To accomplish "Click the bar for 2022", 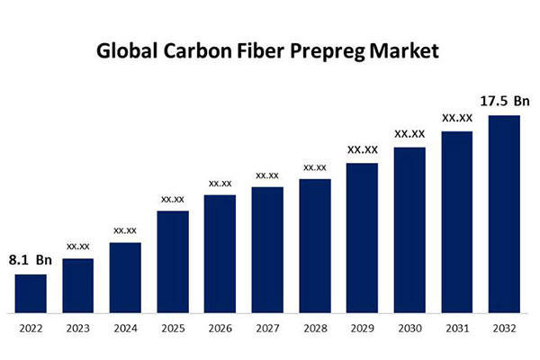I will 31,293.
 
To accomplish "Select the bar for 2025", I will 173,262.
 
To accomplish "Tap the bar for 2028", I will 315,246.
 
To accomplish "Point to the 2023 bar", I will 78,285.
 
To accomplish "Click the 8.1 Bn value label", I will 31,260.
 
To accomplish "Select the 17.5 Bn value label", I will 502,102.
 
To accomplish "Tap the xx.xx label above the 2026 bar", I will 220,184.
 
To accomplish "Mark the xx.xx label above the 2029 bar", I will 362,149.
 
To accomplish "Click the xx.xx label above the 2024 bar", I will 125,230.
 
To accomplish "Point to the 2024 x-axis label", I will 125,328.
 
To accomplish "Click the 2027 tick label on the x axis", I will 267,328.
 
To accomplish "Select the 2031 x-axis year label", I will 456,328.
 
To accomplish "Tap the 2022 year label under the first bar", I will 31,328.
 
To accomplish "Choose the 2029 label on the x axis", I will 362,328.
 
